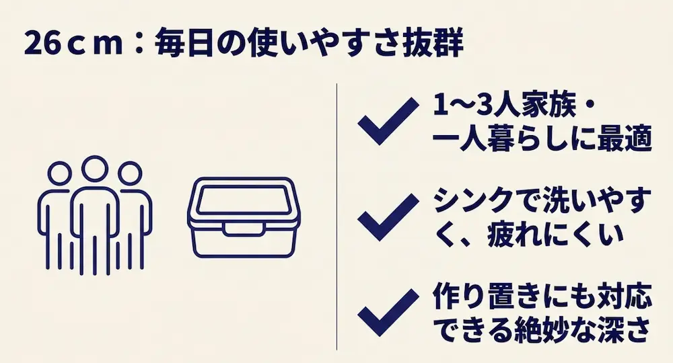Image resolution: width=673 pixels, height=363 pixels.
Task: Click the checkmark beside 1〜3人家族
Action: point(388,120)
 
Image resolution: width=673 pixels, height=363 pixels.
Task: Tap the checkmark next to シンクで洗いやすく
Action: point(388,216)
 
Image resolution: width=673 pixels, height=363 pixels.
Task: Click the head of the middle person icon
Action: point(95,169)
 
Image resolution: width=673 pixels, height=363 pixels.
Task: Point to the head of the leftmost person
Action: point(59,173)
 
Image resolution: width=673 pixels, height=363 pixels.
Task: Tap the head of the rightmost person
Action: point(130,173)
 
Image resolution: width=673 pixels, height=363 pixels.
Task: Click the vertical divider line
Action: point(337,216)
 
